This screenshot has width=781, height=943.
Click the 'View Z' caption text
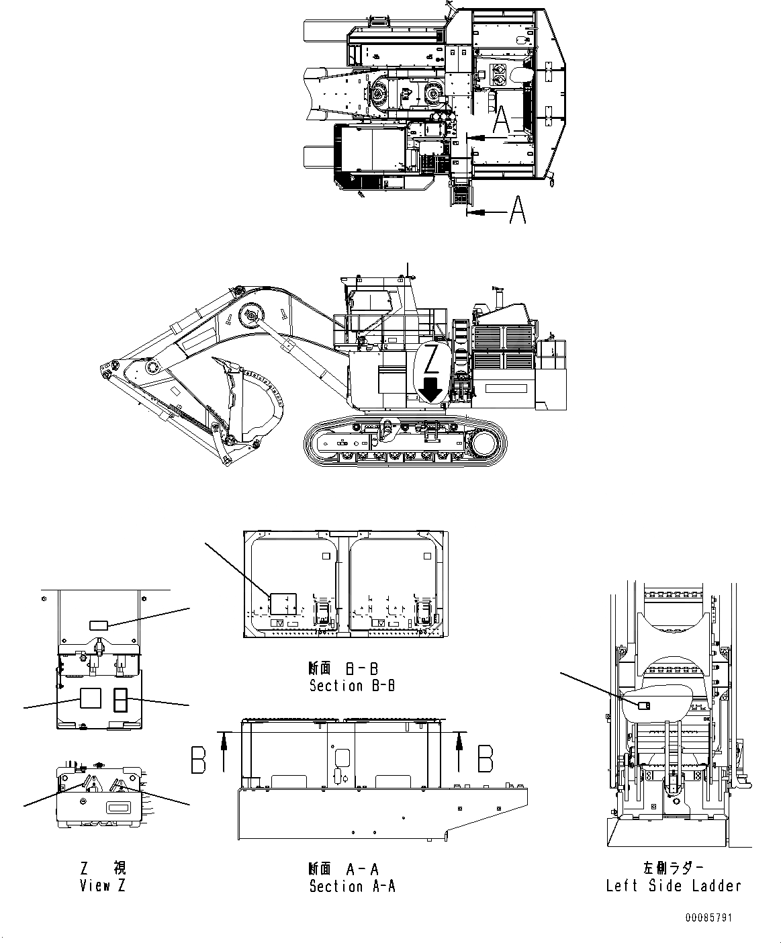102,885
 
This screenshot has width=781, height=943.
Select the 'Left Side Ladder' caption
673,885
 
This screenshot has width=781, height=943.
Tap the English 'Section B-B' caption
352,686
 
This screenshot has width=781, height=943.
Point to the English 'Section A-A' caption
352,886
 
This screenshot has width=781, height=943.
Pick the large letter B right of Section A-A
485,759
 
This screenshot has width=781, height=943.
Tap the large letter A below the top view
516,210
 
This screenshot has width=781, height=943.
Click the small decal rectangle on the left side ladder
643,705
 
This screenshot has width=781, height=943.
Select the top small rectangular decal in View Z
98,625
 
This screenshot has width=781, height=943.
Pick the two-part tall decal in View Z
120,700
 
